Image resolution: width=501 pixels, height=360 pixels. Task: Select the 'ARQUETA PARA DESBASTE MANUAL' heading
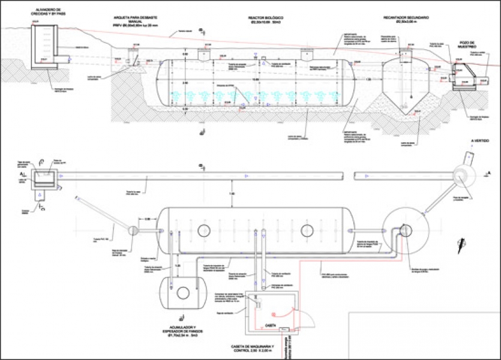tap(138, 22)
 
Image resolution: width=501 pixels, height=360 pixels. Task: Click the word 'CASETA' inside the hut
tap(269, 325)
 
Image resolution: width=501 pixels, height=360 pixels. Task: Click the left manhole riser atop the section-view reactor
tap(204, 55)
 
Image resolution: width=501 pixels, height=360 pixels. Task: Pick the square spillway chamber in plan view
tap(43, 177)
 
